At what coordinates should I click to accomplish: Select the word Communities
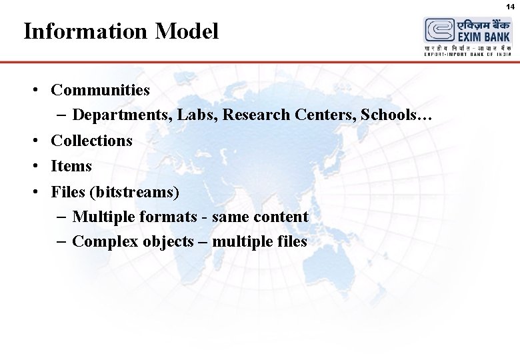click(x=100, y=89)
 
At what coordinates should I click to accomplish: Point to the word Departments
click(x=124, y=115)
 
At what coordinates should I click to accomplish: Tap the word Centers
click(x=325, y=115)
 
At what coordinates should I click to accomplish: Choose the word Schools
click(x=393, y=115)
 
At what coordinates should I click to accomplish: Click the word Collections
click(x=91, y=141)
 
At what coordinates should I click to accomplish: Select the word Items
click(x=71, y=166)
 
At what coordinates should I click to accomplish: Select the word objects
click(x=167, y=241)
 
